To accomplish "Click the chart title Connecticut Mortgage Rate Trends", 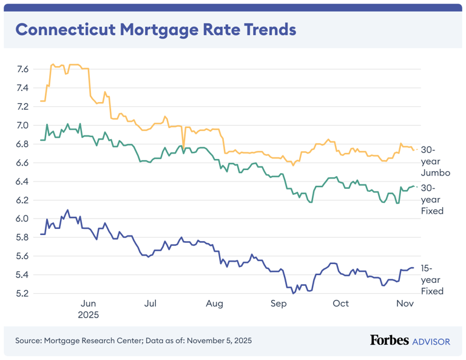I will tap(155, 30).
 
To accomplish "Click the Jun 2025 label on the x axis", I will tap(88, 309).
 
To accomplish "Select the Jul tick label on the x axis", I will tap(151, 304).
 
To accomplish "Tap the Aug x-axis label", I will tap(214, 304).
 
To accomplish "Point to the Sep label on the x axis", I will tap(278, 304).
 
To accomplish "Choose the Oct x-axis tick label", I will tap(340, 304).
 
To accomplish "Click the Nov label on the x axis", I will tap(404, 304).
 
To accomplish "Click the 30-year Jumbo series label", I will tap(436, 161).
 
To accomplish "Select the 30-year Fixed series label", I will tap(433, 199).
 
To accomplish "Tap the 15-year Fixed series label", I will tap(433, 279).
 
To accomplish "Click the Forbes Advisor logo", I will tap(410, 341).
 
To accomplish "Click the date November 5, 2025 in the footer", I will tap(219, 341).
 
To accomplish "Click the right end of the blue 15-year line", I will tap(414, 268).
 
